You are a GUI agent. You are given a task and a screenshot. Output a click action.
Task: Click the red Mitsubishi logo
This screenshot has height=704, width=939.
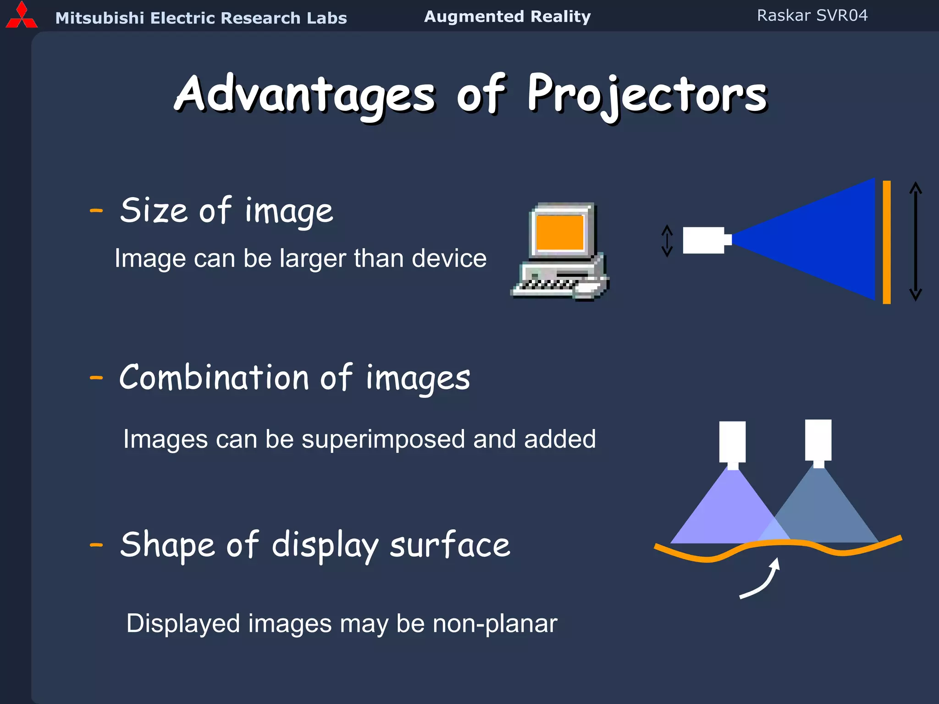(x=21, y=16)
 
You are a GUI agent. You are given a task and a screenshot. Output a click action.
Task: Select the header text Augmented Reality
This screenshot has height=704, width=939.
(x=507, y=16)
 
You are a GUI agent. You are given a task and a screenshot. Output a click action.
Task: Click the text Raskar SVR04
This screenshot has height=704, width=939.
(x=812, y=16)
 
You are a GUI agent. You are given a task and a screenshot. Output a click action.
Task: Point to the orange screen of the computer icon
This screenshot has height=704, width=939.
(x=560, y=232)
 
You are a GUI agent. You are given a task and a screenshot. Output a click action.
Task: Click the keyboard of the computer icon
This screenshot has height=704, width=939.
(x=546, y=285)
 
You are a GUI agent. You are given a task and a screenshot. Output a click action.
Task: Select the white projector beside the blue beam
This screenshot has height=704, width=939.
(x=704, y=240)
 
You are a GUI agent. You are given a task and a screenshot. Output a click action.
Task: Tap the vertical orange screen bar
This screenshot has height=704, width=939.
(x=887, y=242)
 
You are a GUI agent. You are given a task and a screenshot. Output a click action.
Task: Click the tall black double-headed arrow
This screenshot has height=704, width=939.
(x=915, y=241)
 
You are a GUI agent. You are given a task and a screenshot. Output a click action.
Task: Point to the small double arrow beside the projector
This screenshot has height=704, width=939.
(x=667, y=241)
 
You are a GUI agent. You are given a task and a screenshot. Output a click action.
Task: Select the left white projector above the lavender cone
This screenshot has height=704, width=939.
(x=732, y=442)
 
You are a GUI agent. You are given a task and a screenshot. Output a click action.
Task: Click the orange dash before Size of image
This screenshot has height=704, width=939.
(x=96, y=211)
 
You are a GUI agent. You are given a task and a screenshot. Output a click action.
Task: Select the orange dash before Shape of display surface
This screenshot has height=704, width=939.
(x=96, y=545)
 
